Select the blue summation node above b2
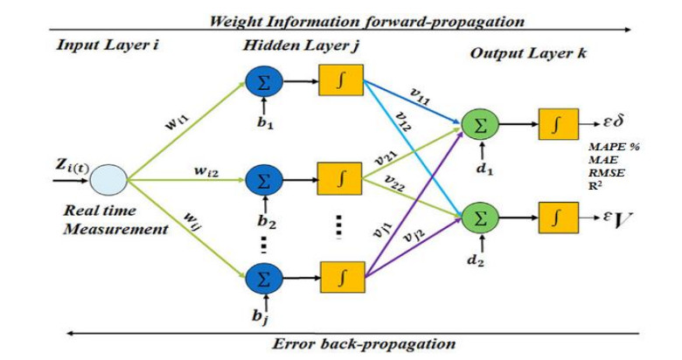coord(261,179)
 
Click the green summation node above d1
coord(478,126)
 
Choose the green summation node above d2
coord(478,213)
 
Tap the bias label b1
coord(262,124)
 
